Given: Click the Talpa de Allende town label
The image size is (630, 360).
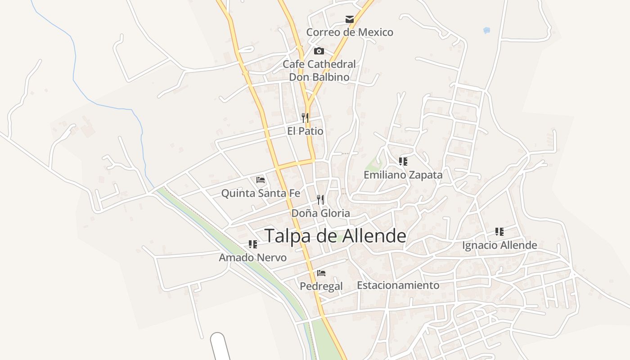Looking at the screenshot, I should (335, 236).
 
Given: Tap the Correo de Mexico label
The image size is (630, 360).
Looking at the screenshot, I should (350, 32).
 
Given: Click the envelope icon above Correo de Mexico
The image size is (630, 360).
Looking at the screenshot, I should (350, 19).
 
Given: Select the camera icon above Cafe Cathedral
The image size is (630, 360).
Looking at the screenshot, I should (319, 51).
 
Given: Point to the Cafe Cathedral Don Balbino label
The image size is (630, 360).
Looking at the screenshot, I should (319, 71).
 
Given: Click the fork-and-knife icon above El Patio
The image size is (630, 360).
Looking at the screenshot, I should (305, 118).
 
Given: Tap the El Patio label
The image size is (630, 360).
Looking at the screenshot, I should (305, 131).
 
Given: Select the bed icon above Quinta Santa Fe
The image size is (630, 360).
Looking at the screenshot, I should (260, 180).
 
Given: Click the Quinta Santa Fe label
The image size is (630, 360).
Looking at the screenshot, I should (260, 193).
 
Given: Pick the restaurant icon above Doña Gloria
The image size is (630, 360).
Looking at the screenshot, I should (320, 199).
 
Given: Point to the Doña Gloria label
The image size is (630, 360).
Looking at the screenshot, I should (320, 213).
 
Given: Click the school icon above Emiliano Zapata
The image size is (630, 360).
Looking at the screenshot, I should (403, 161).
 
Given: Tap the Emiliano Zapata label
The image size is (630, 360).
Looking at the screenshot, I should (403, 175).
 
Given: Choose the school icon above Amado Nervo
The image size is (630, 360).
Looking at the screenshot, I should (253, 244).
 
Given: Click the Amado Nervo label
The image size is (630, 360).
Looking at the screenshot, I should (253, 258).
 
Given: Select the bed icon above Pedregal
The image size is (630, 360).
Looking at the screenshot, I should (321, 273).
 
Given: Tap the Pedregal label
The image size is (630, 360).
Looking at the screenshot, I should (321, 286).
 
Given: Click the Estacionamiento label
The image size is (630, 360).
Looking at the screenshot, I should (398, 285).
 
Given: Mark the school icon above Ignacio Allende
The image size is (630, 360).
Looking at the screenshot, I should (499, 232).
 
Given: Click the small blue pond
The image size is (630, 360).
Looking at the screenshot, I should (486, 31).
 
